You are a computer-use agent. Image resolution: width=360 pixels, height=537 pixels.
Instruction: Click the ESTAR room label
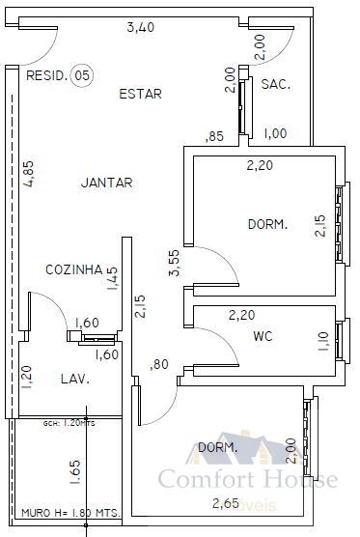click(x=140, y=94)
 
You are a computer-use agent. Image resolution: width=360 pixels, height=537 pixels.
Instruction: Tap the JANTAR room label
click(x=107, y=182)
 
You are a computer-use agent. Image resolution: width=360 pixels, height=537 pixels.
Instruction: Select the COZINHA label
click(x=74, y=269)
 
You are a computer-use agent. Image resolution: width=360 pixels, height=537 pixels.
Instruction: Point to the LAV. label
click(x=75, y=380)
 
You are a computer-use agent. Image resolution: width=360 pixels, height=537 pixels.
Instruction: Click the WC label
click(x=263, y=337)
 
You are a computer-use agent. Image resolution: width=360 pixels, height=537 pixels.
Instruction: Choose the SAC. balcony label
click(x=276, y=85)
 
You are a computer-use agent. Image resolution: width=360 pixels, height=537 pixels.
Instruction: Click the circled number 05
click(x=83, y=75)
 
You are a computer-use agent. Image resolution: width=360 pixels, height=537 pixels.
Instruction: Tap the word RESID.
click(x=46, y=75)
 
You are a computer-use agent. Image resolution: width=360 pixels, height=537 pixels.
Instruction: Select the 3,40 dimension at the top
click(x=141, y=27)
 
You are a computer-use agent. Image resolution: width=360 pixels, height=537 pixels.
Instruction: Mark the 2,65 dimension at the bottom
click(x=228, y=502)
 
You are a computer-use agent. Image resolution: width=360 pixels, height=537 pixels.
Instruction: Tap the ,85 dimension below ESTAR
click(x=214, y=136)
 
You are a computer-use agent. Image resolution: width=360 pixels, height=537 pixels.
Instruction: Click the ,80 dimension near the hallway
click(x=159, y=364)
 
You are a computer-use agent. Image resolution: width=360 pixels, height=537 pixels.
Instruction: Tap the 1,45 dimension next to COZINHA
click(x=113, y=278)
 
